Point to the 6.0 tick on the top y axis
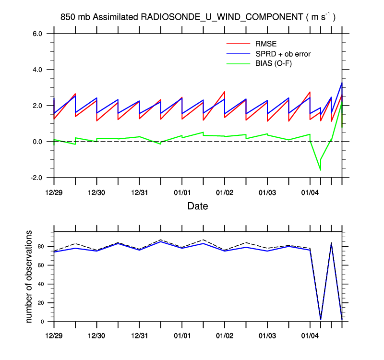pyautogui.click(x=38, y=34)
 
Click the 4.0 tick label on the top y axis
pyautogui.click(x=38, y=70)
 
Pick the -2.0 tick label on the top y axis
pyautogui.click(x=37, y=178)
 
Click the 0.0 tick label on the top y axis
pyautogui.click(x=38, y=142)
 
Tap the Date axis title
pyautogui.click(x=197, y=206)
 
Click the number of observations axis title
pyautogui.click(x=29, y=276)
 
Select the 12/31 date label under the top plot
pyautogui.click(x=139, y=193)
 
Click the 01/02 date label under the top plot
pyautogui.click(x=225, y=193)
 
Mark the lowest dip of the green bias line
pyautogui.click(x=321, y=170)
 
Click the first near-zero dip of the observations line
pyautogui.click(x=321, y=319)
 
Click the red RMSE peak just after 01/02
pyautogui.click(x=225, y=92)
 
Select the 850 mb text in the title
pyautogui.click(x=75, y=17)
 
